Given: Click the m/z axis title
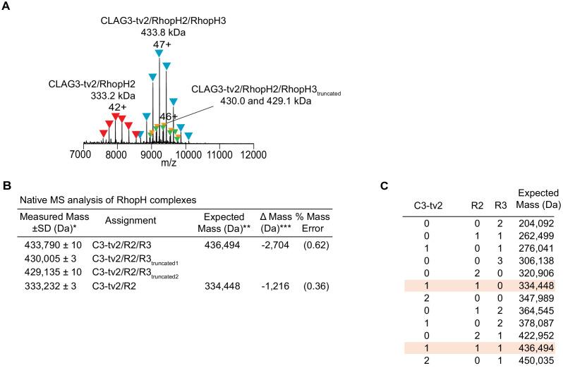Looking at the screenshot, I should tap(167, 163).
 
